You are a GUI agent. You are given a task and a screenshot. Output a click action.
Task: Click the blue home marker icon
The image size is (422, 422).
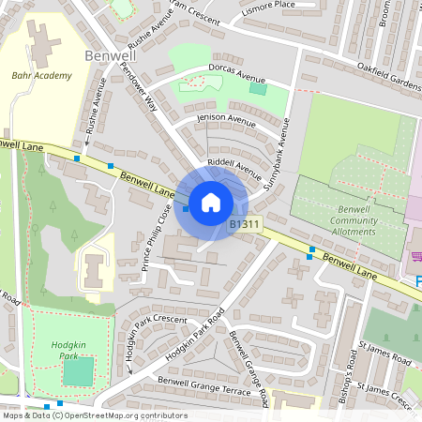click(x=211, y=202)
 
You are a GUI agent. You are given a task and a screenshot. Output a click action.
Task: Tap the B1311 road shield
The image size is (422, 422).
click(x=244, y=225)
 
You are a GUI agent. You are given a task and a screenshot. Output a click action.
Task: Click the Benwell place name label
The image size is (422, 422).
click(x=110, y=55)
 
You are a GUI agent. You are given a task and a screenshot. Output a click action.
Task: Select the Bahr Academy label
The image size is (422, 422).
click(x=41, y=76)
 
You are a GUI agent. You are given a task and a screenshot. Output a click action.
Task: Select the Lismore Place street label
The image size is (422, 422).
click(x=267, y=5)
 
